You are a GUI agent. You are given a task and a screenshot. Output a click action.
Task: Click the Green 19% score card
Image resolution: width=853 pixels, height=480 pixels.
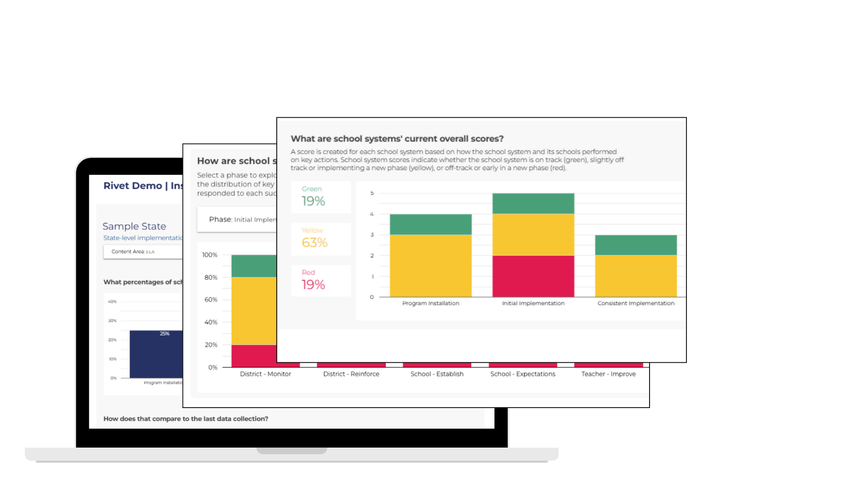pos(321,197)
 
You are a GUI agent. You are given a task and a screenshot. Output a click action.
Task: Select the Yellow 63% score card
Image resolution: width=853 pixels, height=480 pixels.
pos(321,239)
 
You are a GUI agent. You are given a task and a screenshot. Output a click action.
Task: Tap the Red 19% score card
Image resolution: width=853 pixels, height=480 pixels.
pos(321,280)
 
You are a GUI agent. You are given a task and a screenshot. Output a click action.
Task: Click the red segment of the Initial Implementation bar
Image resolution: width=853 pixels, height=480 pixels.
pos(533,276)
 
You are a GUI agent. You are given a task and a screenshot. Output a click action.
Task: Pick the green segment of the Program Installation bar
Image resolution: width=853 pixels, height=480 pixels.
pos(430,224)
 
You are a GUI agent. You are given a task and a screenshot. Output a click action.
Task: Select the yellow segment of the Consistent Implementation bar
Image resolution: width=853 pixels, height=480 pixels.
pos(636,276)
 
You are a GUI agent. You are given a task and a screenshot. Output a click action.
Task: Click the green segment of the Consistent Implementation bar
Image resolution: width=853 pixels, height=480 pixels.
pos(636,245)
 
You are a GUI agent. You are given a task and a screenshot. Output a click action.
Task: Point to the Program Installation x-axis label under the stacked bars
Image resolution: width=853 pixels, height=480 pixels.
pos(430,303)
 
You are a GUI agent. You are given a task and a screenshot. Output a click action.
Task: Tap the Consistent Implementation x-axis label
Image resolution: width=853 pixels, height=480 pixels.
pos(636,303)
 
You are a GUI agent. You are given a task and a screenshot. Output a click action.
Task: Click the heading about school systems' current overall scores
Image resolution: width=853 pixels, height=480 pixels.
pos(397,139)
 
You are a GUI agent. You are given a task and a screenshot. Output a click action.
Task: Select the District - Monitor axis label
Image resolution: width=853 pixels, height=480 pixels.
pos(265,374)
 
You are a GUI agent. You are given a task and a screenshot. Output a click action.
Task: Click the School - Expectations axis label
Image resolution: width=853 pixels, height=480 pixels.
pos(522,374)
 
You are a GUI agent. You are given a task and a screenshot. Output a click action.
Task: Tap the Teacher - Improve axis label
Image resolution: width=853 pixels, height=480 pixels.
pos(608,374)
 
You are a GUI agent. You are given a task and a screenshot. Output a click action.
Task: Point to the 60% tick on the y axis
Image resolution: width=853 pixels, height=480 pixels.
pos(211,300)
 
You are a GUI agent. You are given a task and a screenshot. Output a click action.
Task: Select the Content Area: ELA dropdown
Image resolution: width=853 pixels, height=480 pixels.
pos(143,252)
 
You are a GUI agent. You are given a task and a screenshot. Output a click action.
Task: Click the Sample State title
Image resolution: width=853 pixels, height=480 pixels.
pos(134,226)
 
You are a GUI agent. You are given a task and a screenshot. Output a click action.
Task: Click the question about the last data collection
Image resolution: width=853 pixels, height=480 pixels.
pos(186,419)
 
